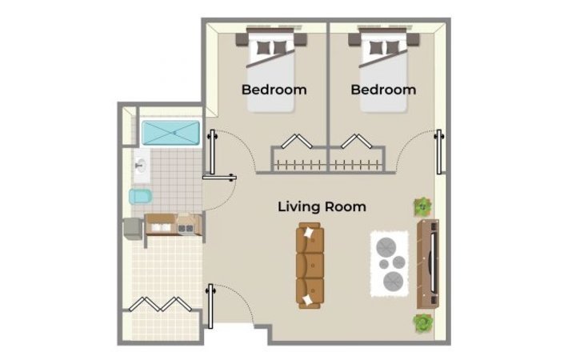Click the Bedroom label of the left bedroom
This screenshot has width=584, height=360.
[x=274, y=90]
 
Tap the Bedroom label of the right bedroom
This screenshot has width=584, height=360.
[x=383, y=90]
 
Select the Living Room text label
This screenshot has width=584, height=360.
[x=322, y=206]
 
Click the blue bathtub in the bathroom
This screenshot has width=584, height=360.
[x=170, y=133]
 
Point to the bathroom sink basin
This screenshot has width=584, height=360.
[x=141, y=166]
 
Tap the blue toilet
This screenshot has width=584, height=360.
[x=140, y=196]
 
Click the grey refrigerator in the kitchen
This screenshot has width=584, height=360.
[x=133, y=229]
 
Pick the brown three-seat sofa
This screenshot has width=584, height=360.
[x=310, y=266]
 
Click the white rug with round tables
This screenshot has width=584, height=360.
[x=390, y=263]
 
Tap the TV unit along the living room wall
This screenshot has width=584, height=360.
[x=428, y=264]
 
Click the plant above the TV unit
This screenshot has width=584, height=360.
[x=422, y=206]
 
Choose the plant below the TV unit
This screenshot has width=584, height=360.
[x=423, y=322]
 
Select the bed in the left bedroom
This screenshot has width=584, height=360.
[x=271, y=70]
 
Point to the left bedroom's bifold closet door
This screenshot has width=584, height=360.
[x=297, y=141]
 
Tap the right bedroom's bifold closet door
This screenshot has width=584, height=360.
[x=357, y=141]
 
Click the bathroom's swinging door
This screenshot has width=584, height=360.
[x=219, y=178]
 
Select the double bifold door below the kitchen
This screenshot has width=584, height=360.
[x=160, y=304]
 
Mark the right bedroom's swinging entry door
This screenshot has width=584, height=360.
[x=439, y=151]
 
